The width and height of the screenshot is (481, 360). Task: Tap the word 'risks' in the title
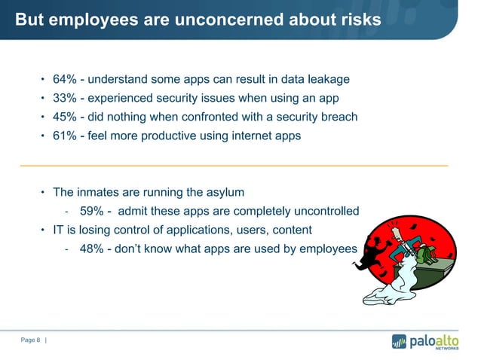[x=357, y=20]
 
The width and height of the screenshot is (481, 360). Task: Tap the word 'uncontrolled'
[x=324, y=210]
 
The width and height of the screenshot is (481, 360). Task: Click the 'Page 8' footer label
[x=30, y=340]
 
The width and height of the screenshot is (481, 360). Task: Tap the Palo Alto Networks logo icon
[x=398, y=341]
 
